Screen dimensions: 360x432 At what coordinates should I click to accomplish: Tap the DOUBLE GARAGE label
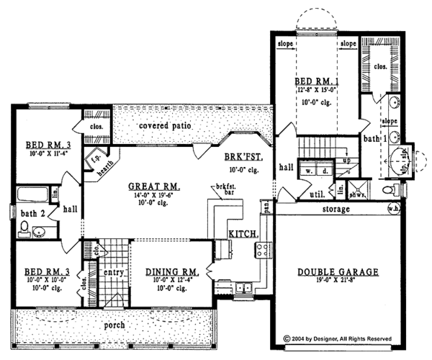point(337,272)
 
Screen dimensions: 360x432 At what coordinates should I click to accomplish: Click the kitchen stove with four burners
point(264,251)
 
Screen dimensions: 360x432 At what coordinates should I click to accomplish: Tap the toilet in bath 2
point(24,229)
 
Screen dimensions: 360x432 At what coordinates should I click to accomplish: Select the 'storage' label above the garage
point(336,210)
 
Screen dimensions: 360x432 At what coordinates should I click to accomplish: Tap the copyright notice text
point(338,336)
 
